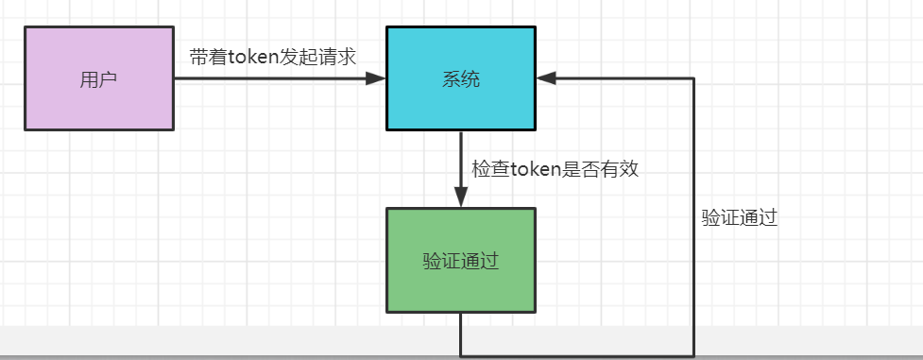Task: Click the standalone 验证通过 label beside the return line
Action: (739, 217)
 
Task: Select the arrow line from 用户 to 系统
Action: (274, 78)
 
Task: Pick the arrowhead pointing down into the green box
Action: (461, 199)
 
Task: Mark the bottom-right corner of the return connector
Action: (694, 356)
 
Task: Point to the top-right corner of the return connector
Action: (694, 78)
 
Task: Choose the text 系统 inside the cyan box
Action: (461, 79)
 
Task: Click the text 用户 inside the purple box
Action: (98, 79)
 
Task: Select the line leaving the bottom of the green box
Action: (461, 334)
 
